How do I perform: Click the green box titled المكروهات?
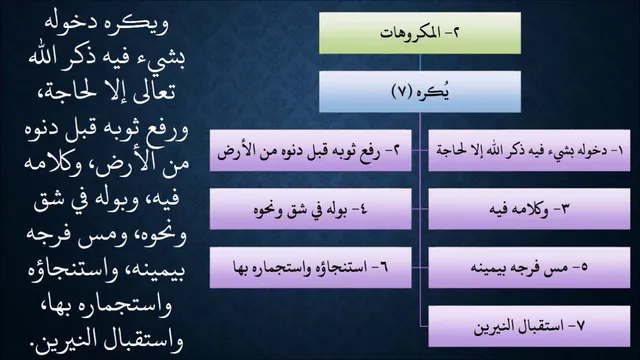point(420,33)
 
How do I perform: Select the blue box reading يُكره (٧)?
point(420,92)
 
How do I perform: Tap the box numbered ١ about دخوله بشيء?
point(529,151)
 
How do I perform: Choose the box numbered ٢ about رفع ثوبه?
point(311,151)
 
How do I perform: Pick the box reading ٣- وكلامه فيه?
point(529,209)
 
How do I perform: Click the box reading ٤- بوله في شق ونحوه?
point(311,209)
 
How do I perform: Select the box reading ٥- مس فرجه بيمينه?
point(529,268)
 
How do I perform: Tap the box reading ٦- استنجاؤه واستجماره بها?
point(311,268)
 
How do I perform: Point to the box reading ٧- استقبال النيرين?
point(529,327)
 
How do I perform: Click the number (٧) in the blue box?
point(402,92)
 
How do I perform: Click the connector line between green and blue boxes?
point(420,62)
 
